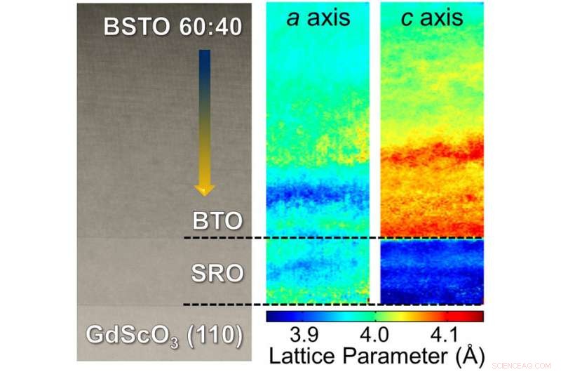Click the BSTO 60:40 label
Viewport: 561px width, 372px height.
(x=173, y=27)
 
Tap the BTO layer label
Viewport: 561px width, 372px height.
(x=217, y=221)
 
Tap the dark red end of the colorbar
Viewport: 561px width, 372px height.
(x=479, y=317)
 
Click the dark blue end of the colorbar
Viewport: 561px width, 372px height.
(x=271, y=317)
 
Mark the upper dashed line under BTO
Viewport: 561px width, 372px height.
(x=333, y=237)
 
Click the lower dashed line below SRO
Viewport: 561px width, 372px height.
(x=333, y=305)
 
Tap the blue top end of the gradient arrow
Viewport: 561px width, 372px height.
(x=204, y=53)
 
